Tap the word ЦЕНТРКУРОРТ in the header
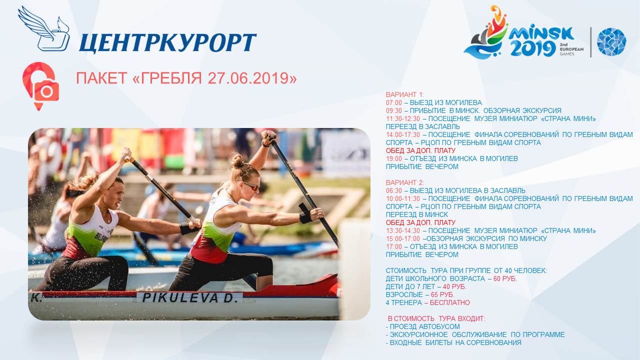(x=167, y=43)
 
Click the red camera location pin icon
(x=40, y=86)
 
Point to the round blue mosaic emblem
(x=611, y=41)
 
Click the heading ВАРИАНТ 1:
(x=405, y=94)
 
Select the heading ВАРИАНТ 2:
(x=405, y=182)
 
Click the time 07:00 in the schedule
(x=393, y=102)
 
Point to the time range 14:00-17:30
(x=403, y=134)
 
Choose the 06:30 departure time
(x=393, y=190)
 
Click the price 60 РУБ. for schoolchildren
(x=505, y=278)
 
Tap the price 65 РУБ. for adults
(x=442, y=294)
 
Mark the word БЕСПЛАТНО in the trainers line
(x=449, y=302)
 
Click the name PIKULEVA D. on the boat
(x=190, y=298)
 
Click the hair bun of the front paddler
(x=237, y=161)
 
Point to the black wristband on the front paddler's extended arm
(x=305, y=217)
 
